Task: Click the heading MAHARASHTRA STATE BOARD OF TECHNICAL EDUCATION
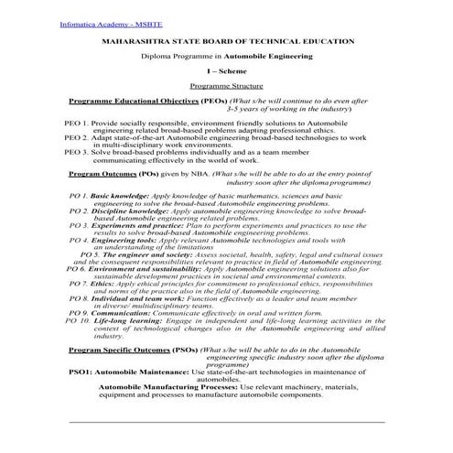point(225,41)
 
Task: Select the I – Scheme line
point(225,70)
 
